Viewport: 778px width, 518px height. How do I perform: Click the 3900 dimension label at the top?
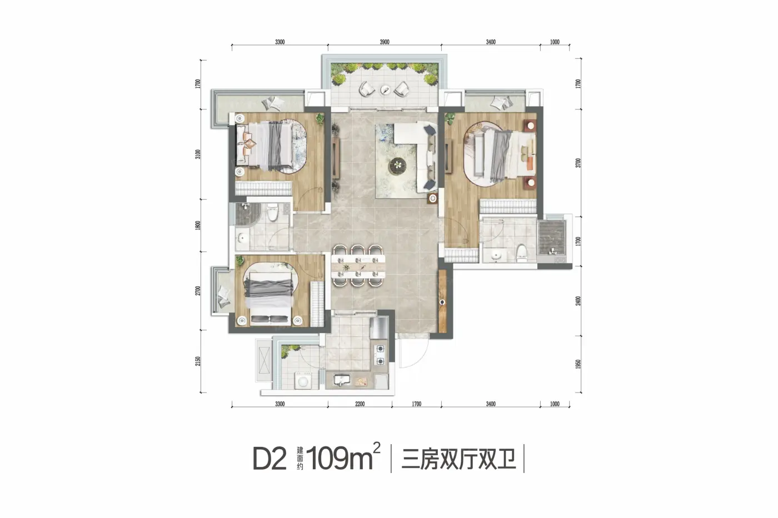384,42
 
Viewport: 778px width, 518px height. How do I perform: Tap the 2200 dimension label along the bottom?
360,404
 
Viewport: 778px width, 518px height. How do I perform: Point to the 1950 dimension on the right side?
578,364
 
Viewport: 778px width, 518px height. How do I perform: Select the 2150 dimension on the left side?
198,361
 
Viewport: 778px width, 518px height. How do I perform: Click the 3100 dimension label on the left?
198,154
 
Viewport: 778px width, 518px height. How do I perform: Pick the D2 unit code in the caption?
270,459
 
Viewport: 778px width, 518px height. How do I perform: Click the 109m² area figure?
343,457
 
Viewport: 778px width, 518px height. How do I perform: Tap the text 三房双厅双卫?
458,459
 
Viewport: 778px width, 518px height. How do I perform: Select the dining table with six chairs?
358,266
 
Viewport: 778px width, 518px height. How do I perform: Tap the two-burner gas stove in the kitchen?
381,355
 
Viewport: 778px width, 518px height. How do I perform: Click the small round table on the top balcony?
385,90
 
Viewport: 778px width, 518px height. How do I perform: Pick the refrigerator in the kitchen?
379,327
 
